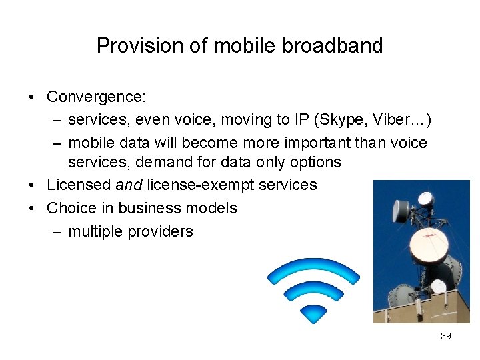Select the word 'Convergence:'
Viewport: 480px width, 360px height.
(96, 97)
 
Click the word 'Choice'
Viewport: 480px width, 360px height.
(70, 208)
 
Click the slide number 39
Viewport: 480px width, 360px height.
(446, 336)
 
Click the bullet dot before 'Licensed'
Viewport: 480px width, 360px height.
(33, 185)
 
